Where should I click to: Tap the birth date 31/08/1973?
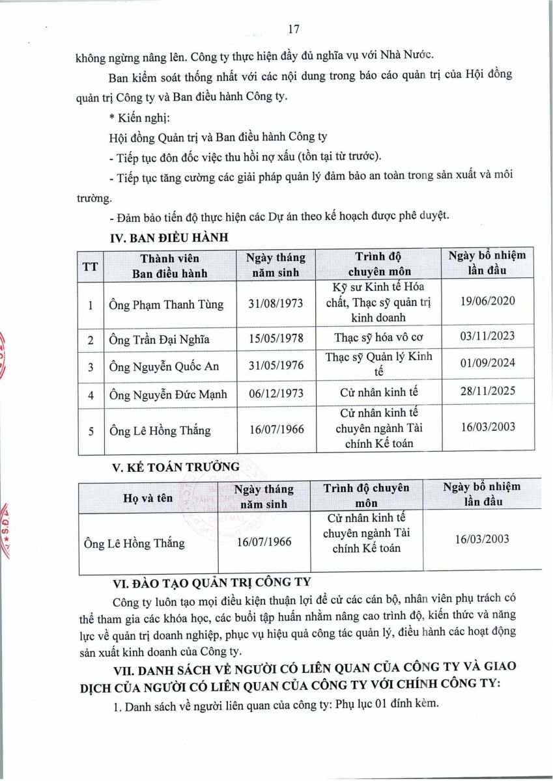coord(276,304)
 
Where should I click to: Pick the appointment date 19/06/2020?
coord(487,300)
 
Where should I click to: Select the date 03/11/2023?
coord(487,335)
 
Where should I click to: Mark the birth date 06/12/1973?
coord(276,393)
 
